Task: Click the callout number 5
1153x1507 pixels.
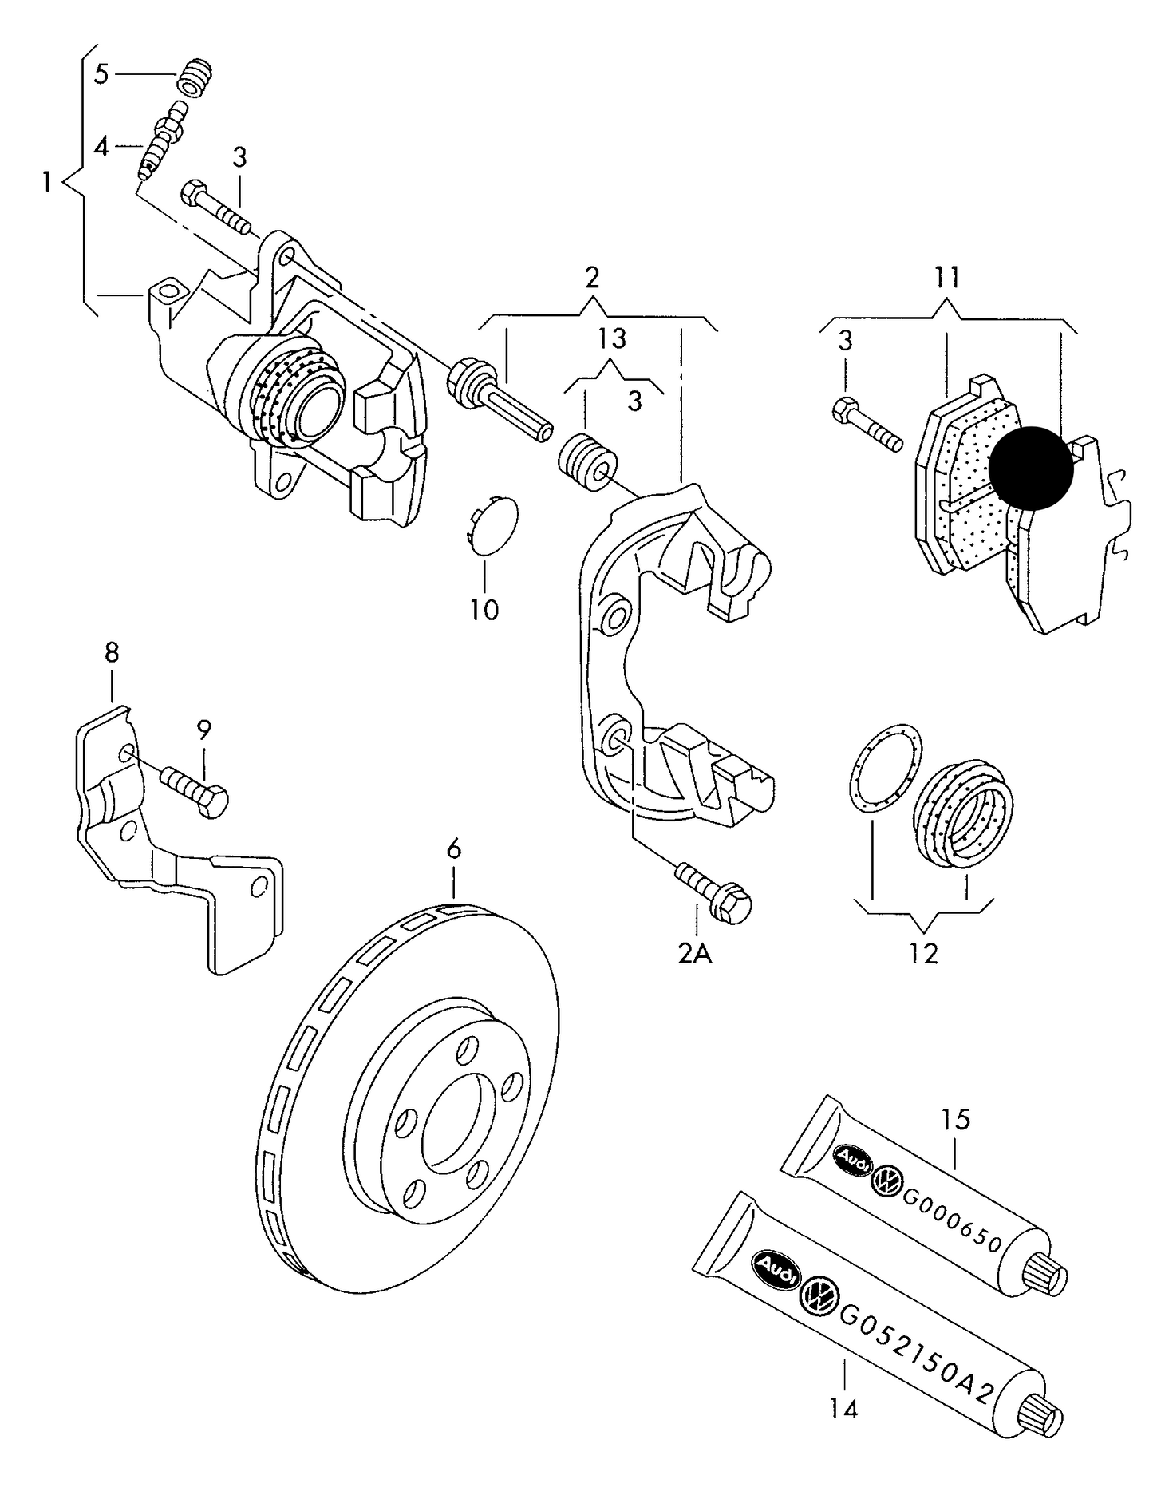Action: [101, 74]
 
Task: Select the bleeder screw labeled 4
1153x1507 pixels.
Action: [160, 142]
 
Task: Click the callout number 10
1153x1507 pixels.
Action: [484, 610]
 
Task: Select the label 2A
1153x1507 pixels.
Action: [694, 953]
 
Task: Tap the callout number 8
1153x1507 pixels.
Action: [112, 652]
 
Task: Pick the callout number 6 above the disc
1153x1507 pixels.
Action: [453, 849]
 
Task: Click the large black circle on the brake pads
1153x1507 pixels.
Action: [1031, 468]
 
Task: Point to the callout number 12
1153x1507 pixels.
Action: [923, 953]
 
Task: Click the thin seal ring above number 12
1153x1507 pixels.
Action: [883, 769]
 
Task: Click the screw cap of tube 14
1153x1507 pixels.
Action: [1044, 1418]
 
